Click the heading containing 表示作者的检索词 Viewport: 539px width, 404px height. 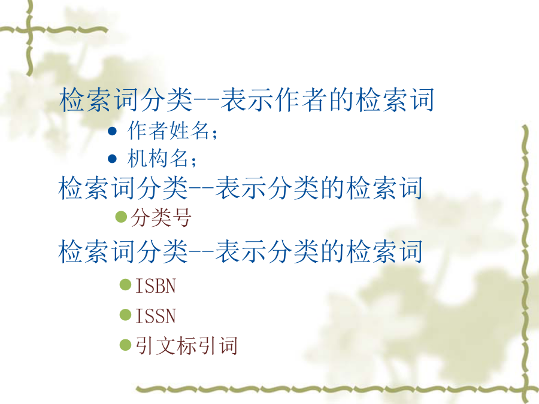click(x=246, y=99)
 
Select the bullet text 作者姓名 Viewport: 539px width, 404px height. click(x=168, y=131)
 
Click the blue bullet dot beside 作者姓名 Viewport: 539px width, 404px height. click(x=113, y=131)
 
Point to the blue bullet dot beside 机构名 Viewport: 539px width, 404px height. click(x=113, y=159)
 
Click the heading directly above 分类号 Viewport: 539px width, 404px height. click(x=240, y=188)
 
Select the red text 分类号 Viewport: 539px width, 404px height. click(x=161, y=217)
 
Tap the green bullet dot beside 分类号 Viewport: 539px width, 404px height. click(x=121, y=217)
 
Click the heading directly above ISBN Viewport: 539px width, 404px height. click(x=240, y=251)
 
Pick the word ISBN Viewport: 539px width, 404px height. click(x=156, y=286)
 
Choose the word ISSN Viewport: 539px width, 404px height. click(x=156, y=315)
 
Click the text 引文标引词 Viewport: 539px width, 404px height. click(x=186, y=345)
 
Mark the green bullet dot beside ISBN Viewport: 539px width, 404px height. click(x=126, y=285)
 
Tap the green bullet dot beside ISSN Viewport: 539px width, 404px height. click(x=126, y=315)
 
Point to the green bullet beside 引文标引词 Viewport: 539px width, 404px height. click(x=126, y=345)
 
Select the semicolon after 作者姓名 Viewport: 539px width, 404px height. click(x=215, y=133)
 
